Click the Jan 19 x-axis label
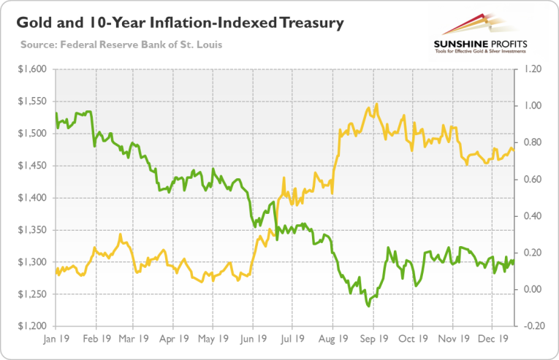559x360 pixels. pos(56,340)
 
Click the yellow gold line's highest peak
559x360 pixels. pos(376,104)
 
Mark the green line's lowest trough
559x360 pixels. pos(368,306)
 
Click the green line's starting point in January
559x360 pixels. pos(56,113)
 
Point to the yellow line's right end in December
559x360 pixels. pos(514,150)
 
